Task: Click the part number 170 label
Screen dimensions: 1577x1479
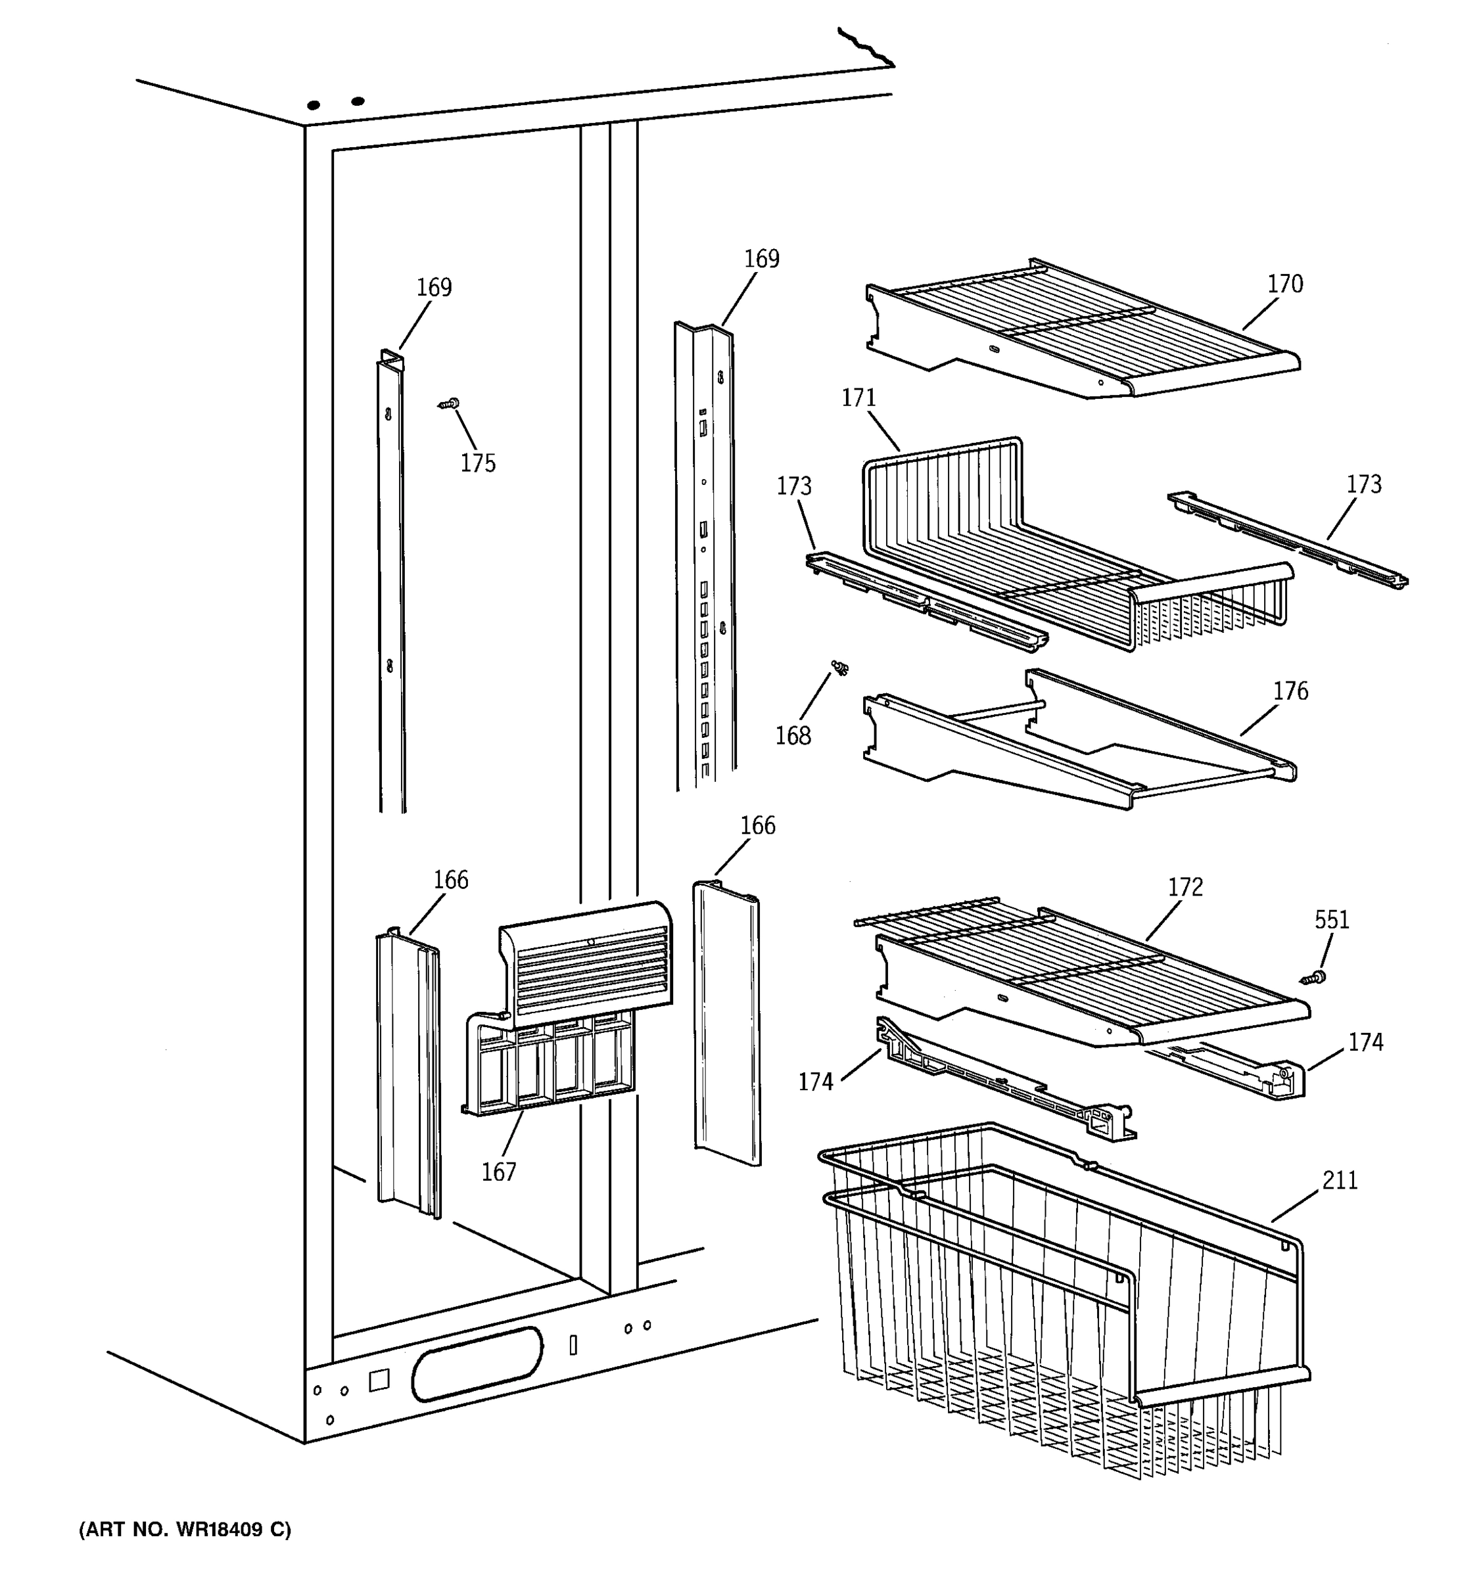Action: [1284, 284]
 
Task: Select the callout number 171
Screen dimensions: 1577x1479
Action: [858, 398]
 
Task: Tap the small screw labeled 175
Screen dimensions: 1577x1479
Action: [450, 405]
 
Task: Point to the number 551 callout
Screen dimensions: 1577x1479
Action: [1331, 920]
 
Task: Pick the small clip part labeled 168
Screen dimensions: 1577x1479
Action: [839, 668]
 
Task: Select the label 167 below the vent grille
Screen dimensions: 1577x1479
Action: [498, 1172]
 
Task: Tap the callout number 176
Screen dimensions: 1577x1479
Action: [1290, 692]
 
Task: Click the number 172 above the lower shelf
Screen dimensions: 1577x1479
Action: [1185, 887]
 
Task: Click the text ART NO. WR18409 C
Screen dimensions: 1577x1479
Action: [185, 1530]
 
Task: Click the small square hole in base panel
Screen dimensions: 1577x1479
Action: [379, 1379]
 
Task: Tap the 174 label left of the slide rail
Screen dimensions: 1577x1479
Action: [816, 1082]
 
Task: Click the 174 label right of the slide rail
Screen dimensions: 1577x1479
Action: [1365, 1042]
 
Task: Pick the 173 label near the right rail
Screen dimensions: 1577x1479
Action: [1363, 485]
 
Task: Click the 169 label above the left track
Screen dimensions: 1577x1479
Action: [434, 287]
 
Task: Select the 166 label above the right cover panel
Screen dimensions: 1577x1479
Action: [757, 826]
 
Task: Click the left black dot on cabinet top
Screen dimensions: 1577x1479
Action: [314, 104]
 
